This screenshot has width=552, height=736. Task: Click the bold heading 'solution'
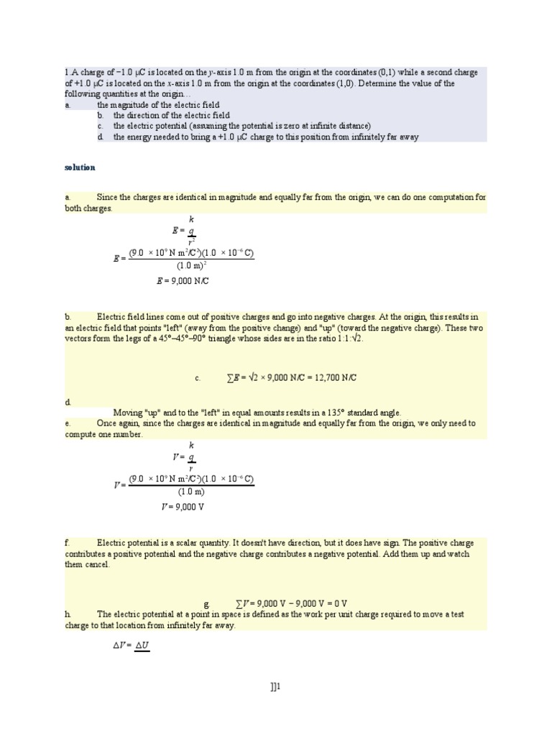point(80,167)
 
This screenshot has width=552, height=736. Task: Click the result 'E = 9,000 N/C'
point(183,281)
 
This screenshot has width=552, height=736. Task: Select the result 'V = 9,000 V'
point(183,507)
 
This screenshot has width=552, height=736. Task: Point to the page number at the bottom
point(275,687)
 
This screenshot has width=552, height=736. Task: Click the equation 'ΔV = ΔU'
point(132,645)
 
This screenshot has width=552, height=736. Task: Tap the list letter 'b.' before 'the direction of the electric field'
point(101,115)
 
